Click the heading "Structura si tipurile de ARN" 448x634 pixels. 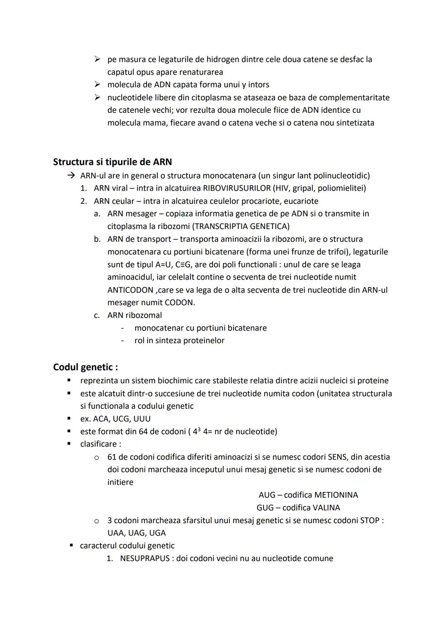(112, 162)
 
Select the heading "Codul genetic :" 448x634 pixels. (85, 367)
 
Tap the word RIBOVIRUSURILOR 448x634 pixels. (236, 188)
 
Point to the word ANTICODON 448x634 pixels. (130, 290)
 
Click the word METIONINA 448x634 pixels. (336, 495)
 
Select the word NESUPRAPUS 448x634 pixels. (145, 558)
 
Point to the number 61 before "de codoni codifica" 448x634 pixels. (112, 457)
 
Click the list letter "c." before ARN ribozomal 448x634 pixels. (97, 315)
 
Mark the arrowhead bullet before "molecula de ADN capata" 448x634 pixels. (97, 85)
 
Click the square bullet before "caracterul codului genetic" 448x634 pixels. (71, 546)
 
